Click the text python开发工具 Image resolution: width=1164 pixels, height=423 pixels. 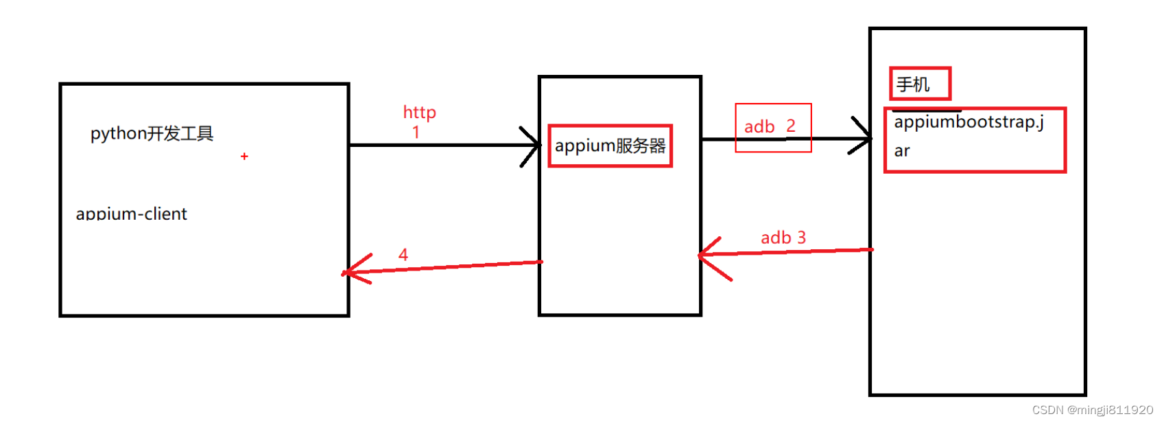tap(152, 133)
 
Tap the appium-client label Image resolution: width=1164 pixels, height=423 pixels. tap(131, 214)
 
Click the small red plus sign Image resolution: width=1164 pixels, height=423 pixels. tap(244, 157)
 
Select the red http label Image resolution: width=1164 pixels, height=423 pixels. tap(419, 112)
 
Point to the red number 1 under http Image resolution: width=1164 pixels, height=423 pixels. tap(416, 132)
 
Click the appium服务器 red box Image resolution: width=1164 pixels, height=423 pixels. tap(610, 146)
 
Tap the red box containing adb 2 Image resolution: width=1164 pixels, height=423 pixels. tap(773, 128)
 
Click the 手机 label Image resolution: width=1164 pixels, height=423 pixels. tap(913, 84)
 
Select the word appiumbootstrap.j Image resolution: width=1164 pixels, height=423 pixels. tap(969, 122)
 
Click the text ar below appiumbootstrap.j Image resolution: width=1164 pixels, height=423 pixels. tap(902, 151)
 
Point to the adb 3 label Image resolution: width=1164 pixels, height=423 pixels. tap(783, 238)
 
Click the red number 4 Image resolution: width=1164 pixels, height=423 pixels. tap(403, 255)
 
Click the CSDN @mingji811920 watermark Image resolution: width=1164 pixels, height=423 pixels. tap(1092, 410)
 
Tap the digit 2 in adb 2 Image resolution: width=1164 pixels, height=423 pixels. tap(791, 126)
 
